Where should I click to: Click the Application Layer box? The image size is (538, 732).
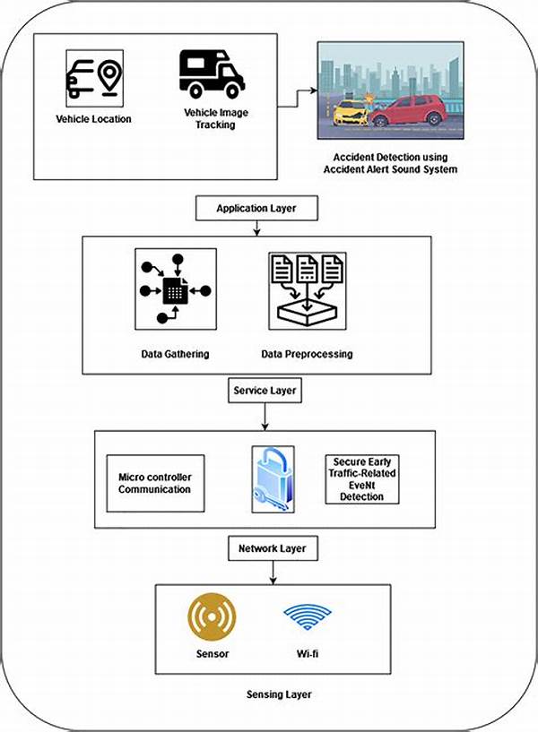pos(256,208)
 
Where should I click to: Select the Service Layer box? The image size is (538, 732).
pos(265,391)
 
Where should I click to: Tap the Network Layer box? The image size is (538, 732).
pos(273,548)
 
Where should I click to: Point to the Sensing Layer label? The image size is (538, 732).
pos(279,694)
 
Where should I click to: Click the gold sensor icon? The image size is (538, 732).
pos(212,617)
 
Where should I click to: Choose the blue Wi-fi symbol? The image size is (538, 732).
pos(308,616)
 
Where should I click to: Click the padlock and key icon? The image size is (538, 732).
pos(273,479)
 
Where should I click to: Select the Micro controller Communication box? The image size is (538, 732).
pos(155,483)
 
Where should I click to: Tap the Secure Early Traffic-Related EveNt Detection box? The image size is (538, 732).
pos(362,479)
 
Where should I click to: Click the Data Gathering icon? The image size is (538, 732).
pos(176,289)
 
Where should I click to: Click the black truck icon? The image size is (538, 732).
pos(212,74)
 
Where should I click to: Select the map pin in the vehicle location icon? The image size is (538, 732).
pos(109,78)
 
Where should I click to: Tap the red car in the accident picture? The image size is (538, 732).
pos(410,110)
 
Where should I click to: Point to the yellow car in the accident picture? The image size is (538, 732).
pos(351,114)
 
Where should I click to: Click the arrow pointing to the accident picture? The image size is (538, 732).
pos(297,99)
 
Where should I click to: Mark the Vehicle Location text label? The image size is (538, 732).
pos(93,119)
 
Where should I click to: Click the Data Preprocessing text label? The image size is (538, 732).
pos(307,354)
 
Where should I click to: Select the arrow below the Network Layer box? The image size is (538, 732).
pos(273,573)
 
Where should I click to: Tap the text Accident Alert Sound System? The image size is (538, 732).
pos(390,169)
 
